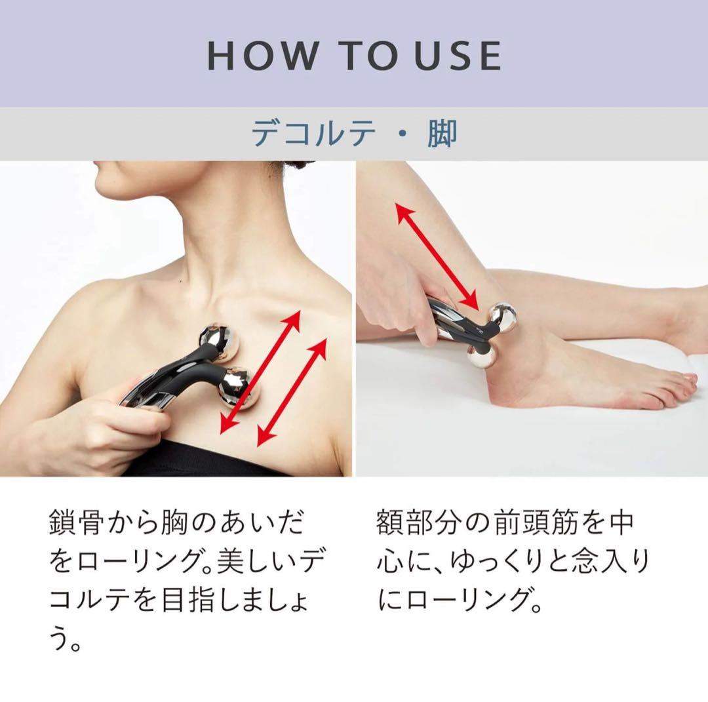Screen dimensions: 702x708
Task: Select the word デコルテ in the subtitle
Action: pos(315,133)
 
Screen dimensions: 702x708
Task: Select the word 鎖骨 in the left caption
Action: pos(77,524)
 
